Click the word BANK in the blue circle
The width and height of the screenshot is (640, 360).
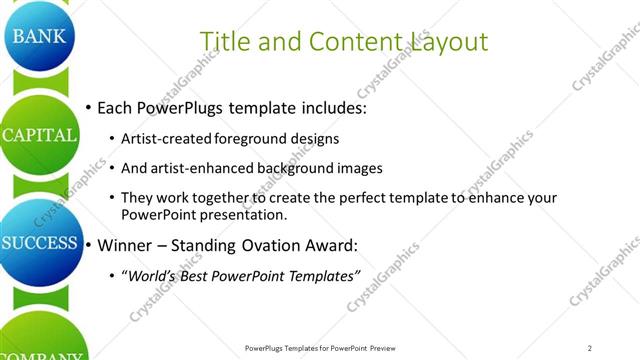[x=38, y=37]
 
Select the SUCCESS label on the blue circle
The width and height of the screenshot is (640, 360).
[x=39, y=243]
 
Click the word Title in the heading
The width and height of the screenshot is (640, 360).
[x=224, y=41]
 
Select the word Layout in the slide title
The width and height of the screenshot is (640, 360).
[x=449, y=42]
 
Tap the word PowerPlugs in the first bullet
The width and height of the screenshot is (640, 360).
[x=185, y=106]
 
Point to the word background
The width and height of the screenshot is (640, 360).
[x=291, y=168]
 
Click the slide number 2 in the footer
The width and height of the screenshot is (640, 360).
[x=590, y=348]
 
